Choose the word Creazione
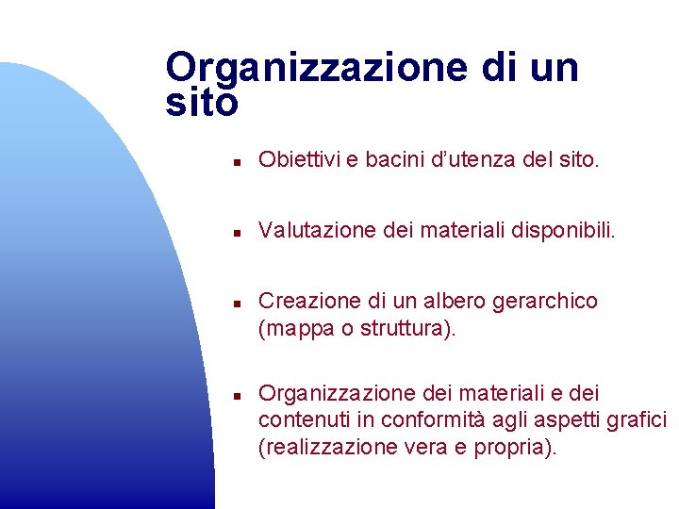coord(297,301)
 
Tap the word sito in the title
coord(201,103)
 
